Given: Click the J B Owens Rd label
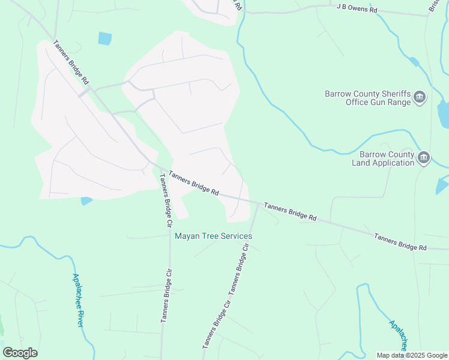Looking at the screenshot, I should [x=357, y=10].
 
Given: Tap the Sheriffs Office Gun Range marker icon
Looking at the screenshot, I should [x=420, y=98].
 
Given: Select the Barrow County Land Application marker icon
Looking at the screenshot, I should [x=424, y=158].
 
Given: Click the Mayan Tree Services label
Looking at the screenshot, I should [x=213, y=236].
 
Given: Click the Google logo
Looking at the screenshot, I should [x=20, y=353].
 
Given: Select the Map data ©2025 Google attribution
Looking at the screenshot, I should [x=411, y=355].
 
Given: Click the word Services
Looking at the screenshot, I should [x=235, y=236].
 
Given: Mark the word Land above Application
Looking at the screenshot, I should [x=363, y=163].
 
